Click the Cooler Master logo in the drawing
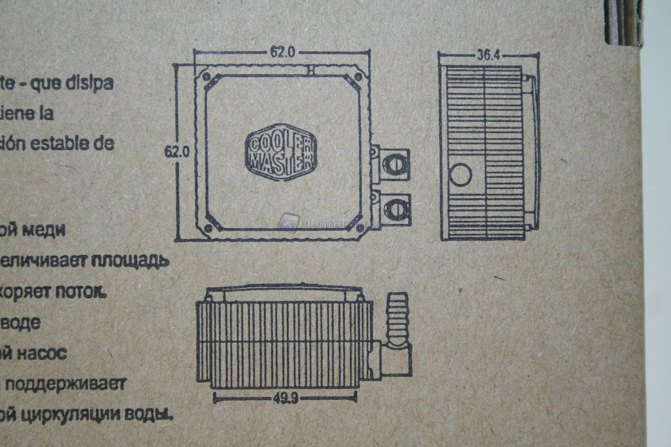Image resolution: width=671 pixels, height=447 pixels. (x=280, y=152)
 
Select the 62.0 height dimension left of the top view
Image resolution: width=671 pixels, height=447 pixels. (x=177, y=151)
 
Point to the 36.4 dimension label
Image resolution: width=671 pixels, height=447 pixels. (x=488, y=55)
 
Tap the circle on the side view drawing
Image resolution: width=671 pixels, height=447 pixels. (x=461, y=174)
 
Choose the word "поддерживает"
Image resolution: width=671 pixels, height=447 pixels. (x=66, y=385)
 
